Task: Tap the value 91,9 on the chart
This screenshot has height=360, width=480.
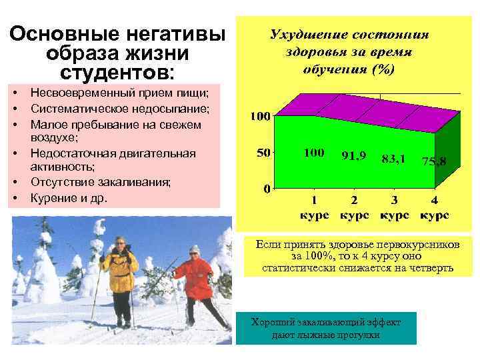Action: point(354,155)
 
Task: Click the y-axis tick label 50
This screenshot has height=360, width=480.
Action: point(263,153)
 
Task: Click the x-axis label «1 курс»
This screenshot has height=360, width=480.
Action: point(313,207)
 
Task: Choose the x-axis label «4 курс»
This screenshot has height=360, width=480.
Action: point(434,207)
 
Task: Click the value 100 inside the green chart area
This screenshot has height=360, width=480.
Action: point(313,153)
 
